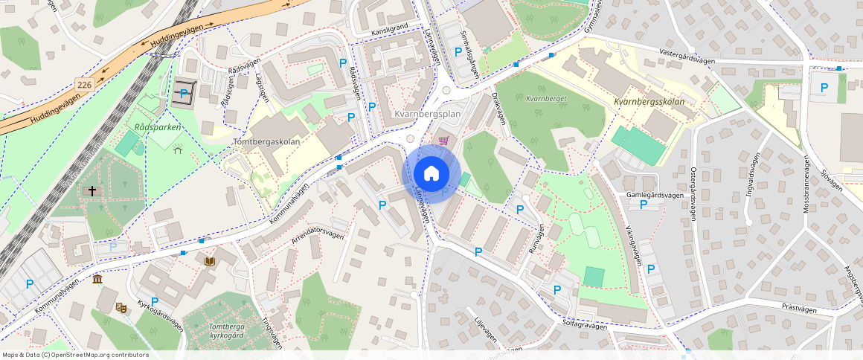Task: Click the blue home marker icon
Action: click(431, 173)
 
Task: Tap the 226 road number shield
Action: click(85, 86)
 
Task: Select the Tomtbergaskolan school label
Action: click(267, 141)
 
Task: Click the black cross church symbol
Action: click(92, 191)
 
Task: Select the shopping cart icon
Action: click(444, 140)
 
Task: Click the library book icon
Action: click(211, 261)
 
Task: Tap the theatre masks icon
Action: click(121, 306)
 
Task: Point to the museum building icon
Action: click(97, 279)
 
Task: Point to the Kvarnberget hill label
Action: click(547, 98)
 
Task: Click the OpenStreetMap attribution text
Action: click(75, 355)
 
